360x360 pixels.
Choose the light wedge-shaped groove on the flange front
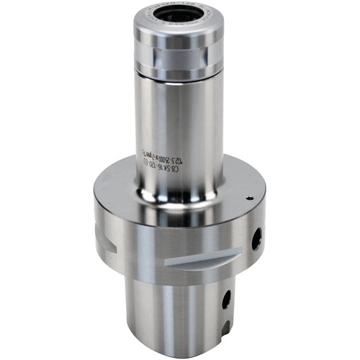coord(202,256)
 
